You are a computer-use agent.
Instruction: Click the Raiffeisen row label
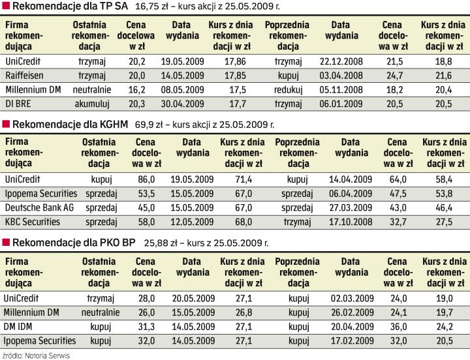tap(24, 76)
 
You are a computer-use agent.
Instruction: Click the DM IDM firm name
tap(20, 327)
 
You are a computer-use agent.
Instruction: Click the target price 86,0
tap(146, 178)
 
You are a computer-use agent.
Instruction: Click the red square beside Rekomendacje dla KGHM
tap(6, 124)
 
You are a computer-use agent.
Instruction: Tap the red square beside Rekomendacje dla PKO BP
tap(6, 243)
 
